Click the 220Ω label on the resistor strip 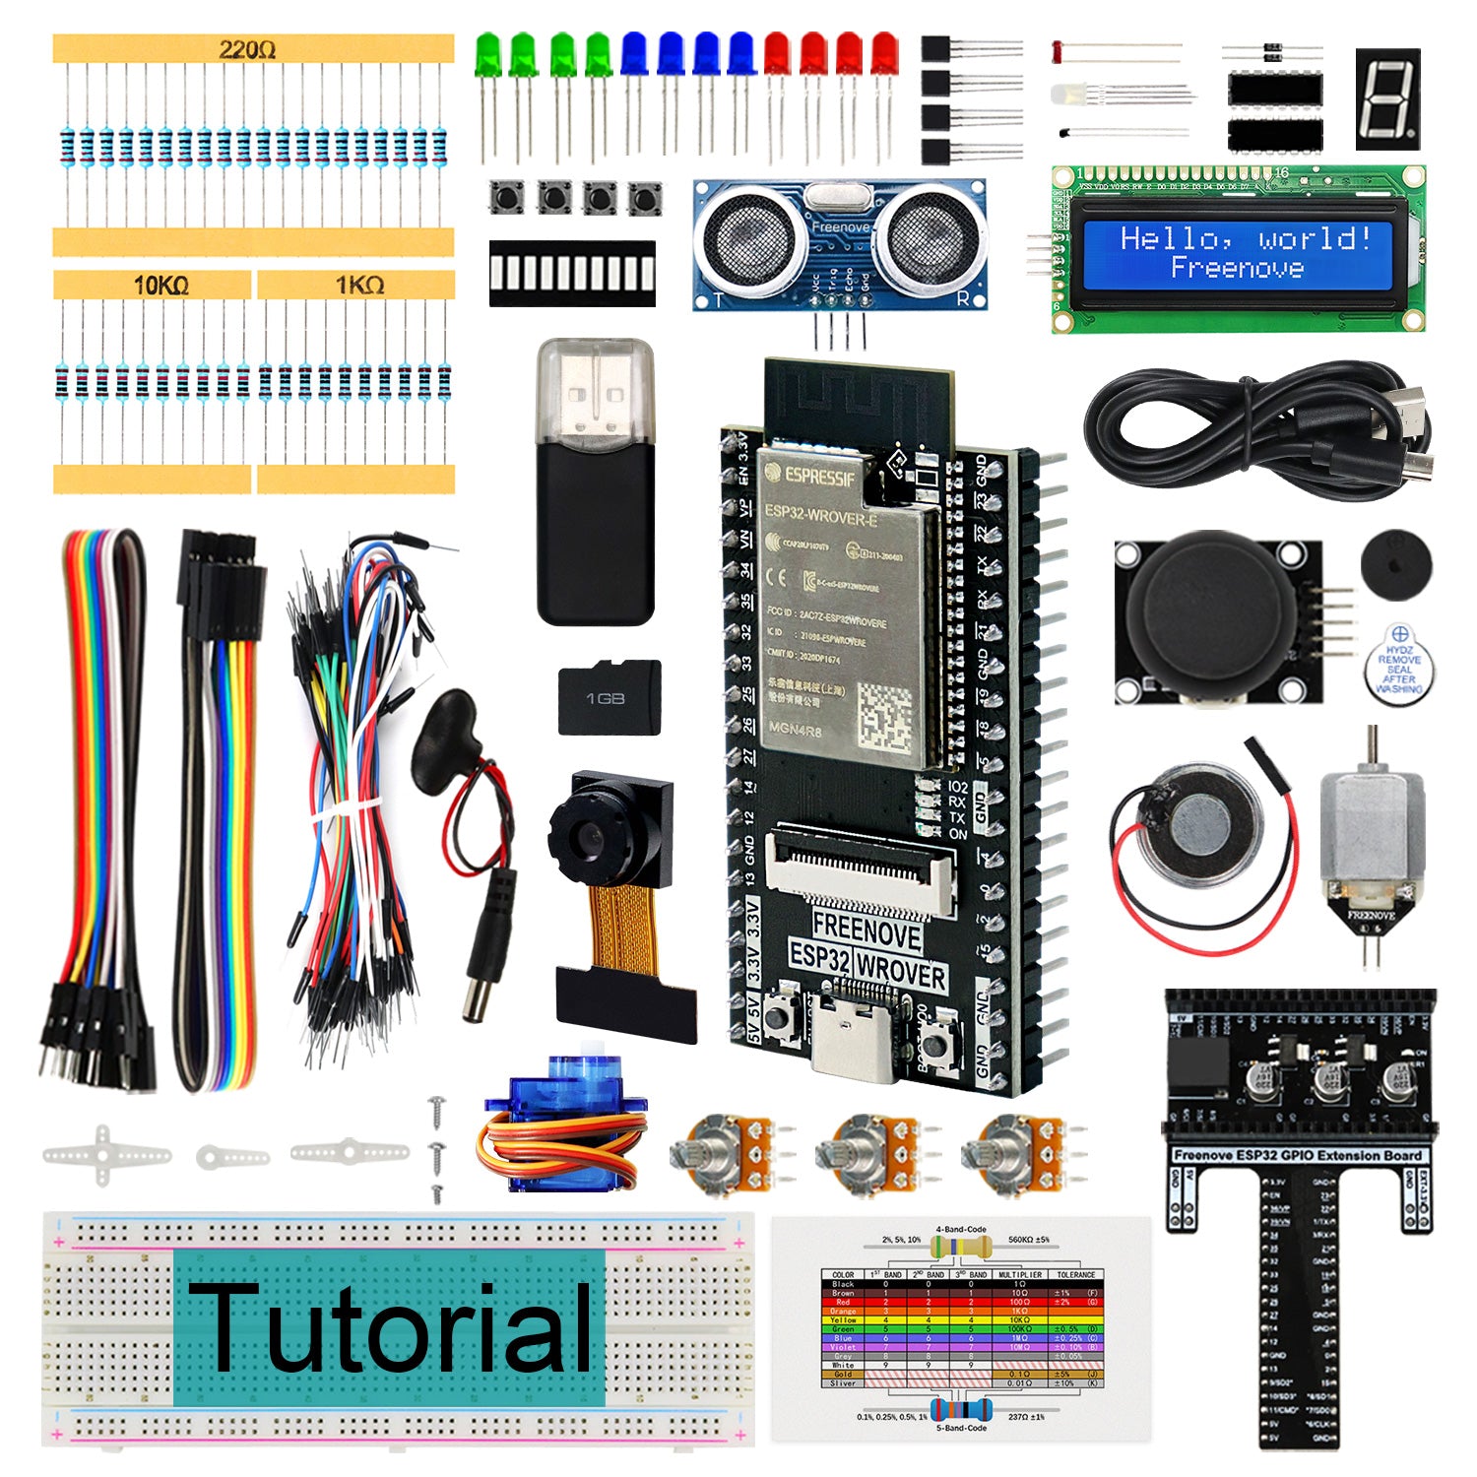[247, 49]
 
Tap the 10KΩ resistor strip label [161, 286]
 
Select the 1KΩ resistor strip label [359, 286]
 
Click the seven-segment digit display [1387, 98]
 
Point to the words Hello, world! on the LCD [1246, 238]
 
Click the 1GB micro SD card [609, 697]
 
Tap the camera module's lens [589, 837]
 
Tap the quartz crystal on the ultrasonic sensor [839, 198]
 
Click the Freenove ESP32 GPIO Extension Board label [1298, 1155]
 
